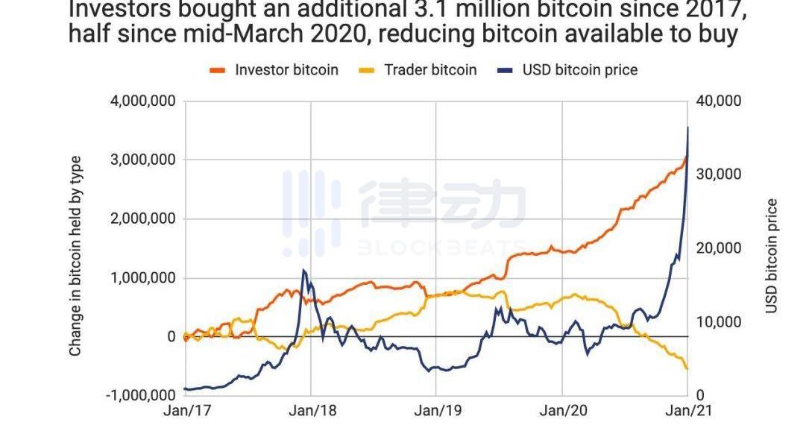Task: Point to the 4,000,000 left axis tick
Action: click(142, 101)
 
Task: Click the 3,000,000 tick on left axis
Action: click(142, 160)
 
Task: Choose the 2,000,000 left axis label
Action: click(142, 218)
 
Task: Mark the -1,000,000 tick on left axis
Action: click(139, 395)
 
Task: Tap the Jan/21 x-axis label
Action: click(686, 411)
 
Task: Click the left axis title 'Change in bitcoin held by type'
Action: click(75, 256)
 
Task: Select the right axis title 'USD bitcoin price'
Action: click(772, 256)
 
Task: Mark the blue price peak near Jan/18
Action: click(303, 271)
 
